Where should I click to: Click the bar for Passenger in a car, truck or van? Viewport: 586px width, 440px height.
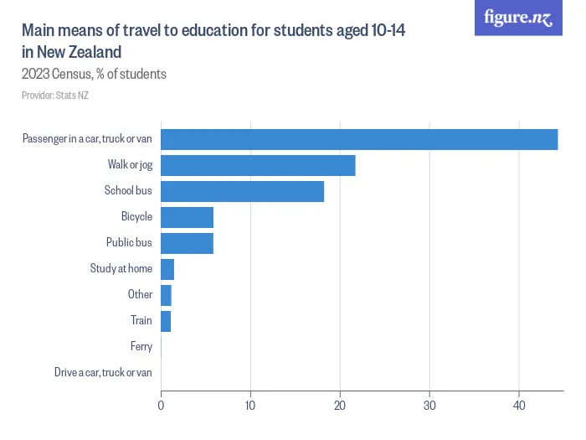coord(359,139)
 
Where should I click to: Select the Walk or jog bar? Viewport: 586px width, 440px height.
coord(258,165)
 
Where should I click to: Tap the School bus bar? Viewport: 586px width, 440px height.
coord(242,191)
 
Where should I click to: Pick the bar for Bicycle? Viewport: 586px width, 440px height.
coord(187,217)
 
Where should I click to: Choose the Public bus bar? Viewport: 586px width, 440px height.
coord(187,243)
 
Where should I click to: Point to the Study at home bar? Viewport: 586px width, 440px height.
coord(167,269)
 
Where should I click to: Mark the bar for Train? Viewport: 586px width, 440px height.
coord(166,321)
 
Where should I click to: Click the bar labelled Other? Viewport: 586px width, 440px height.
coord(166,295)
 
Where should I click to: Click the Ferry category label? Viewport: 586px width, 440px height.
coord(141,346)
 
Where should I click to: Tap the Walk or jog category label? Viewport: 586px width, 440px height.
coord(130,165)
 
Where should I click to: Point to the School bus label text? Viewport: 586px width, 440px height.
coord(128,191)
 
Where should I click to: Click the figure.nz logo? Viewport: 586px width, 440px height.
coord(518,18)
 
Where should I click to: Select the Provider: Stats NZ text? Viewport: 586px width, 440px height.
coord(55,96)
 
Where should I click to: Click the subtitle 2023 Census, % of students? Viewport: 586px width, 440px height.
coord(94,74)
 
